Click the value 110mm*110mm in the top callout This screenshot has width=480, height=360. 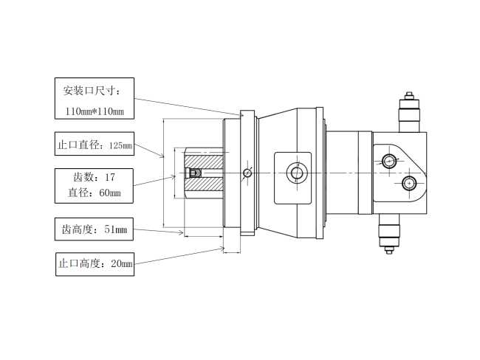[x=95, y=111]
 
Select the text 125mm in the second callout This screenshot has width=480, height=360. [x=120, y=145]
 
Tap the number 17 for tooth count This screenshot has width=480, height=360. [x=110, y=177]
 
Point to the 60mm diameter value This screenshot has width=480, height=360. [x=110, y=193]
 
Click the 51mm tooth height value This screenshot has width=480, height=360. [x=115, y=229]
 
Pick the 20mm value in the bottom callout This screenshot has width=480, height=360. [x=122, y=263]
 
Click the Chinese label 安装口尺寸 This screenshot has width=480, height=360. [x=89, y=91]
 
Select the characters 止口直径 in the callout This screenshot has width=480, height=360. [x=78, y=145]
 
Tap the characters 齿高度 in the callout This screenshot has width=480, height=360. [x=77, y=229]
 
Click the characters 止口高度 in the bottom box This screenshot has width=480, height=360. [x=79, y=263]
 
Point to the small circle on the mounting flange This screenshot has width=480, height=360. [x=247, y=173]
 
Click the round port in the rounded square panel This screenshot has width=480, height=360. [x=297, y=173]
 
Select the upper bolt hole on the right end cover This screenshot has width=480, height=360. [x=389, y=161]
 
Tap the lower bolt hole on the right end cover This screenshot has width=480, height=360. [x=409, y=183]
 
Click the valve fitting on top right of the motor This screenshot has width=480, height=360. [x=409, y=111]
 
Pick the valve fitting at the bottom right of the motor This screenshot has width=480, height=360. [x=389, y=234]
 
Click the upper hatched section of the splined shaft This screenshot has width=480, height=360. [x=204, y=162]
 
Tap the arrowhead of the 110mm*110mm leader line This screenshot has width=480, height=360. [x=241, y=115]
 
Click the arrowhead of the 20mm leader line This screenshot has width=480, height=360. [x=222, y=249]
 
